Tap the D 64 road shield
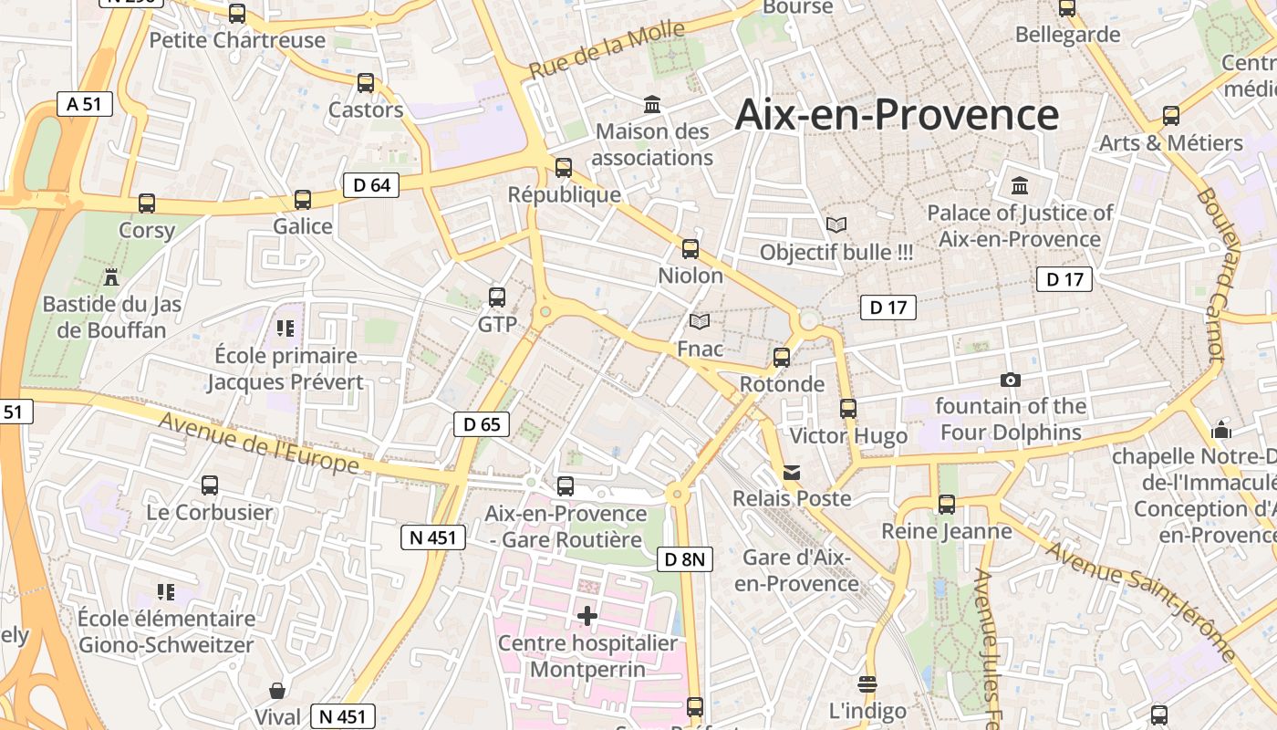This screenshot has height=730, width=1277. [371, 185]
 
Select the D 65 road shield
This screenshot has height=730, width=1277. [482, 423]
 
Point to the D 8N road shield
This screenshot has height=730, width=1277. [684, 559]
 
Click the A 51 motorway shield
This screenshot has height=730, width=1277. [84, 104]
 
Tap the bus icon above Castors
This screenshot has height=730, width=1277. [366, 83]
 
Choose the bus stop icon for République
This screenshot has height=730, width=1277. [564, 168]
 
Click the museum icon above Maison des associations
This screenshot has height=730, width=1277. [652, 105]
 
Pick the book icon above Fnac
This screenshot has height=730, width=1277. [700, 322]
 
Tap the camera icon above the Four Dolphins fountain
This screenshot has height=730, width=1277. [1011, 380]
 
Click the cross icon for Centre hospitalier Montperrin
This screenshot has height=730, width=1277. [587, 616]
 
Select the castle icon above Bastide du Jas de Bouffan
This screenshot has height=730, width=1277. [111, 276]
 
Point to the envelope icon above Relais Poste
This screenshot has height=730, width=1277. [792, 472]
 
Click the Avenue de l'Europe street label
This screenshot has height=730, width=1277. [259, 443]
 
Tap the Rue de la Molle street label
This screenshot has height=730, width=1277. [607, 48]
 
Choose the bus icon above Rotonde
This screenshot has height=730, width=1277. [782, 358]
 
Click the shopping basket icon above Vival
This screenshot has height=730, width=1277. [277, 691]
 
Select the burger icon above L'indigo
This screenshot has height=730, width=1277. [867, 684]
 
